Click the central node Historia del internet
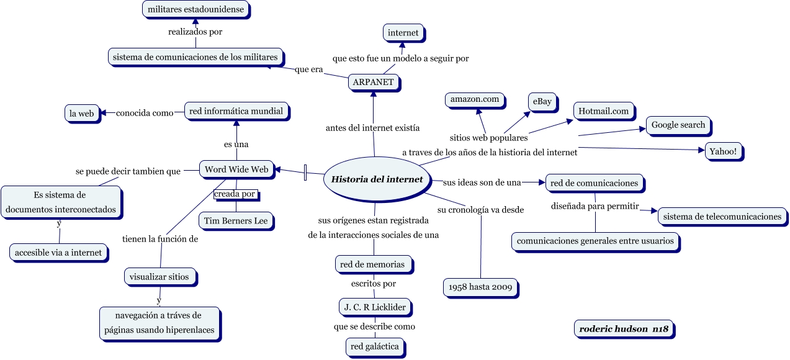point(377,179)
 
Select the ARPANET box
point(373,82)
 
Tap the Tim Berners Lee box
point(235,220)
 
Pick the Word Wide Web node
point(236,169)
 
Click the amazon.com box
point(475,99)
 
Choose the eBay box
point(541,102)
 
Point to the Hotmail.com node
point(603,111)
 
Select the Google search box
point(678,125)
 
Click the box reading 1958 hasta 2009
point(480,287)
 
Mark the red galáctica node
point(374,346)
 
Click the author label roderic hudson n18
point(623,330)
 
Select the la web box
point(81,114)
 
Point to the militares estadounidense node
point(195,10)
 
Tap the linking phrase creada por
point(235,194)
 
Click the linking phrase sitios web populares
point(488,138)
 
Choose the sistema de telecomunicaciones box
point(722,217)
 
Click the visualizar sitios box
point(160,277)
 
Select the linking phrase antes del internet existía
point(372,128)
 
